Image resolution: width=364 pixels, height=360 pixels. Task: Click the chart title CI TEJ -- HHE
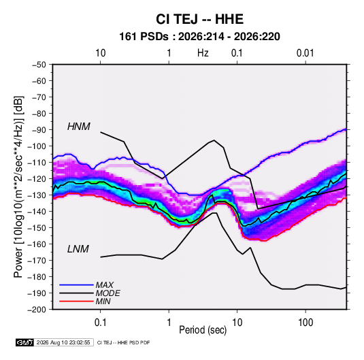click(199, 19)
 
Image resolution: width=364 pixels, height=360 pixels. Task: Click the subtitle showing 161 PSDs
click(199, 37)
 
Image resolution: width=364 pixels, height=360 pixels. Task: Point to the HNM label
click(79, 127)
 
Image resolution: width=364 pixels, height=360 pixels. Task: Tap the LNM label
click(78, 249)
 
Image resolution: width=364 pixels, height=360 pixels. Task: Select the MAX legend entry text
click(105, 285)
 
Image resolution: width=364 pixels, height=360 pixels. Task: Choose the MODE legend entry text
click(107, 293)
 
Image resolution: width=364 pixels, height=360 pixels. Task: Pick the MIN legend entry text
click(103, 301)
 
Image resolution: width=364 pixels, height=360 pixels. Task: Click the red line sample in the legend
click(76, 301)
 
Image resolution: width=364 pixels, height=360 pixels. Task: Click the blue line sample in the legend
click(76, 285)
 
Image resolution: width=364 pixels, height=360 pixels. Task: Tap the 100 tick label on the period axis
click(305, 323)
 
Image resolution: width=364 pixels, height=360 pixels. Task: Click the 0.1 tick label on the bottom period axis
click(100, 323)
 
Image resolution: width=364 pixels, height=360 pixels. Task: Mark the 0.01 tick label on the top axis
click(305, 53)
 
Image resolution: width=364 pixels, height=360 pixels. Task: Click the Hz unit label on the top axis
click(203, 53)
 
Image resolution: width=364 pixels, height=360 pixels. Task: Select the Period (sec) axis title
click(203, 330)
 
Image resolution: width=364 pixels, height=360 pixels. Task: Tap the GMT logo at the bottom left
click(25, 342)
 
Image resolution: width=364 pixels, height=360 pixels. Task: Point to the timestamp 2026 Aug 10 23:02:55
click(63, 342)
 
